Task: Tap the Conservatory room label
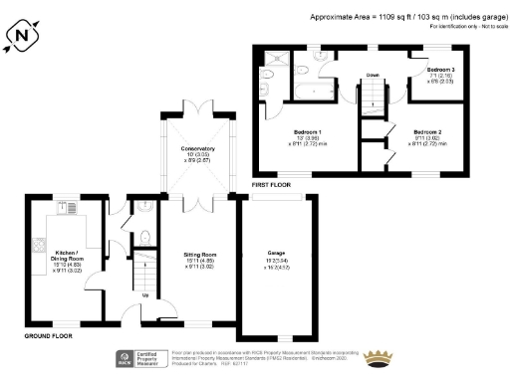198,154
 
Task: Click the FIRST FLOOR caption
272,186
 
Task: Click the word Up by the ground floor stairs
148,294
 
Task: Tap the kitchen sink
71,209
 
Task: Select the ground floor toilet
145,237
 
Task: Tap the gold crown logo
379,357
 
